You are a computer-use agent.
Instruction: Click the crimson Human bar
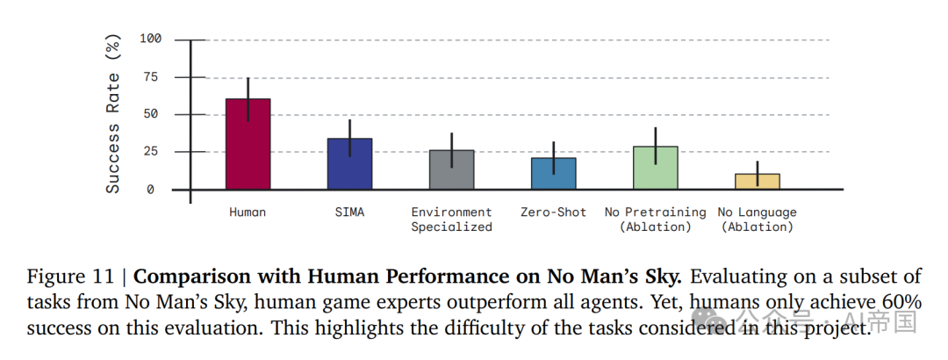point(248,144)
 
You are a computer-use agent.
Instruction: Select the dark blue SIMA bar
point(349,163)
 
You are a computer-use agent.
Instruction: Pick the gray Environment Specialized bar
point(451,169)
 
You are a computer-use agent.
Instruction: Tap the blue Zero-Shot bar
point(553,174)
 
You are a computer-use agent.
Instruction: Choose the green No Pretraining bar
point(655,168)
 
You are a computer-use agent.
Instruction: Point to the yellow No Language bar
point(757,181)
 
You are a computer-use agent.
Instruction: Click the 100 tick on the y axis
point(151,40)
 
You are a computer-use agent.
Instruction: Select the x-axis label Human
point(248,212)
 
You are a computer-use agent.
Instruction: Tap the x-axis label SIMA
point(349,212)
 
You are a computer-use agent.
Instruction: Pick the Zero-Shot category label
point(553,212)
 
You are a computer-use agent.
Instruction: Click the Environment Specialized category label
point(451,220)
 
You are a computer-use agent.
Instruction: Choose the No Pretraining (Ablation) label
point(655,220)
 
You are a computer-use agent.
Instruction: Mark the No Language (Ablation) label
point(757,220)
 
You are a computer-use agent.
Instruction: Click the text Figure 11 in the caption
point(70,277)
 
